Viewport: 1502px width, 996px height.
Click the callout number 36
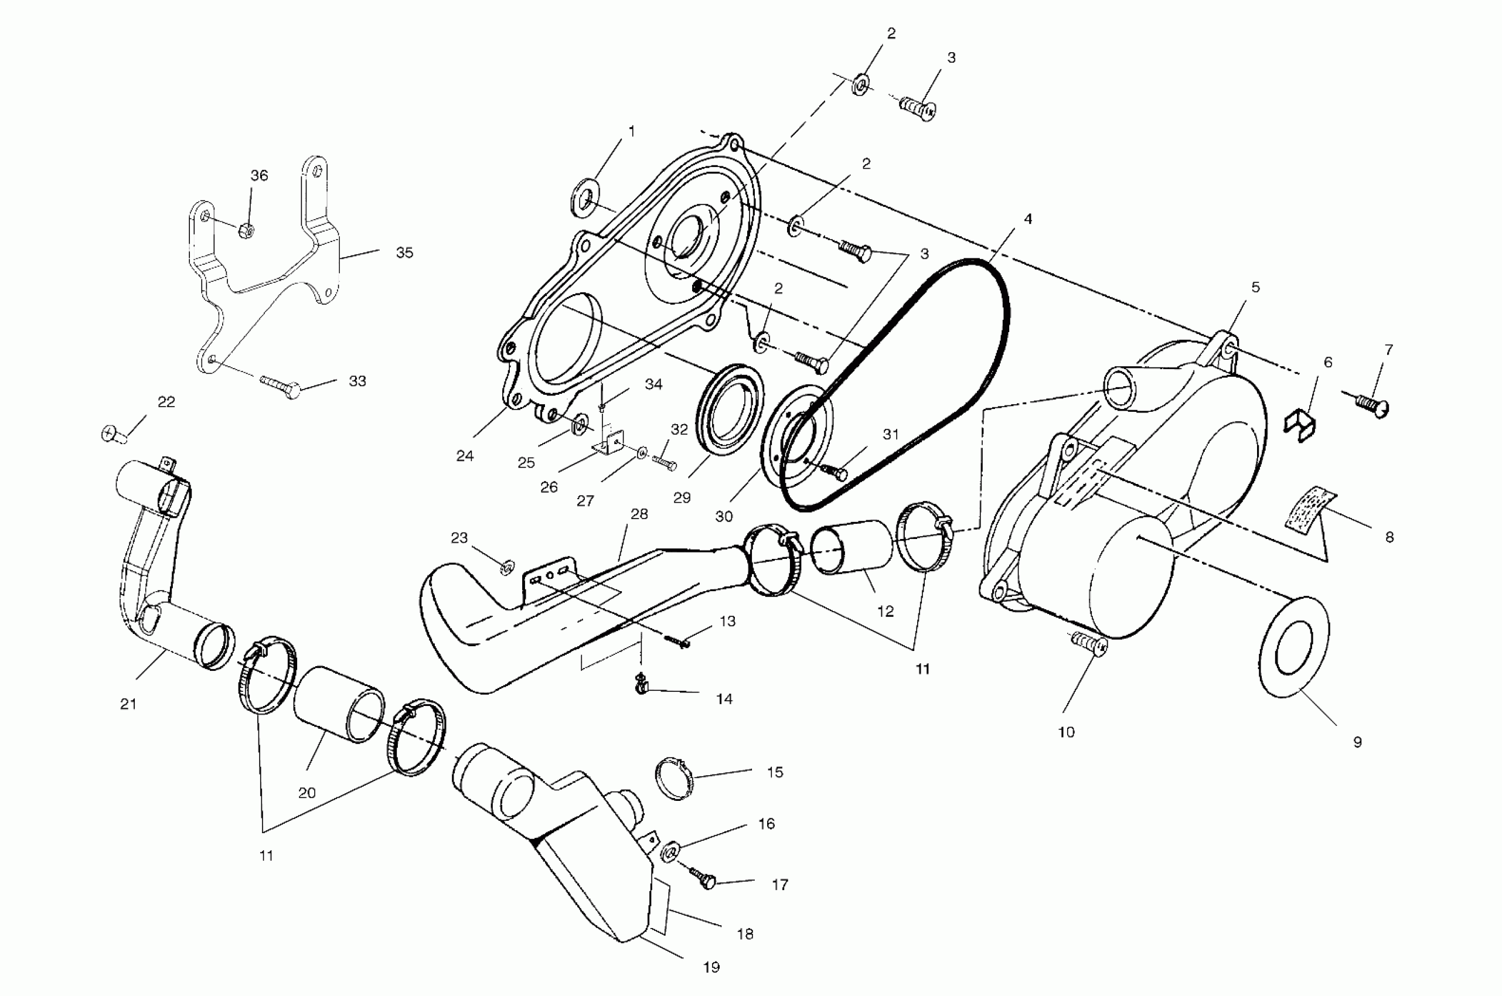258,175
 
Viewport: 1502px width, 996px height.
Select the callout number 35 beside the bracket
404,253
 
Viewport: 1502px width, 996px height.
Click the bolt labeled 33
280,383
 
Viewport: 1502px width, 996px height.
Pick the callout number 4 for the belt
1027,219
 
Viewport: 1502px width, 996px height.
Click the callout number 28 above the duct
639,514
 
